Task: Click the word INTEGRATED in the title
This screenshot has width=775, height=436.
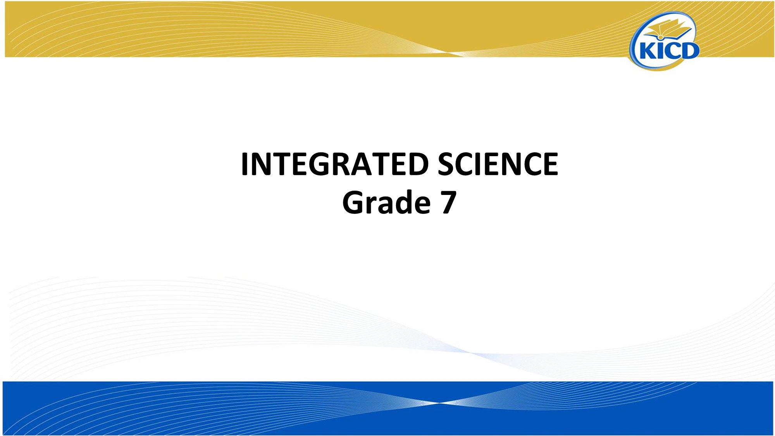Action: (335, 164)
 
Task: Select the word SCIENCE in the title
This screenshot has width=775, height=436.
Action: (498, 164)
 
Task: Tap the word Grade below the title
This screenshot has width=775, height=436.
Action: (386, 202)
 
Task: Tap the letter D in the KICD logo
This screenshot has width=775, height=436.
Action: (690, 50)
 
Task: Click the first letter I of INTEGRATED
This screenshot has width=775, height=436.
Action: (245, 164)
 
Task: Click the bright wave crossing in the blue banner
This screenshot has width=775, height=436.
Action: (438, 403)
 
